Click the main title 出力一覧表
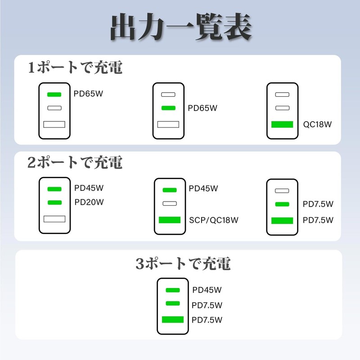coord(181,27)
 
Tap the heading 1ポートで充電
coord(75,67)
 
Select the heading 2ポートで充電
coord(75,162)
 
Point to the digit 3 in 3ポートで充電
coord(140,263)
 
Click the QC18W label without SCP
coord(317,125)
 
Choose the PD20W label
coord(89,202)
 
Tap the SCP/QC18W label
coord(214,220)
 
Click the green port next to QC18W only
coord(282,125)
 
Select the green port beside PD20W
coord(54,202)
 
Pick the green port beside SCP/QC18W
coord(170,220)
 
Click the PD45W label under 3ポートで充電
coord(207,290)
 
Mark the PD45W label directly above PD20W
coord(89,188)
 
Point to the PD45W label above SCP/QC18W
coord(203,189)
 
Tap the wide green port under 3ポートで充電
coord(173,319)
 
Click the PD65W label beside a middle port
coord(202,108)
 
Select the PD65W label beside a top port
coord(88,94)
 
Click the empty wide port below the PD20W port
coord(54,219)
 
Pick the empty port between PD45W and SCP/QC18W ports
coord(170,203)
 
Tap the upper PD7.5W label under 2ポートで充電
coord(318,204)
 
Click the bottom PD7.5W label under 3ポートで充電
coord(207,320)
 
